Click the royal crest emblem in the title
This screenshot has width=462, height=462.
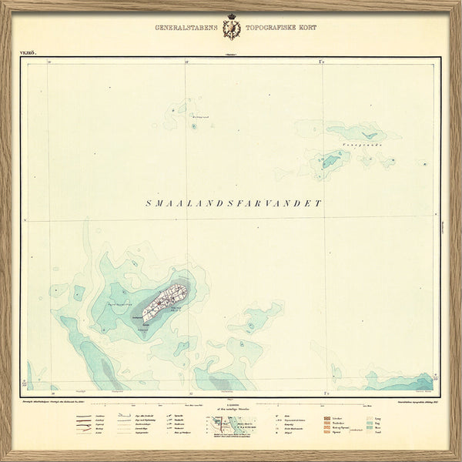(x=231, y=28)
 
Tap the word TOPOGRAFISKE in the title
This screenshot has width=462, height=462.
(x=269, y=28)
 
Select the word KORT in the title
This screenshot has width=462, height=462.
(x=306, y=28)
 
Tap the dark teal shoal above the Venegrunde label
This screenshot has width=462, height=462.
(x=354, y=132)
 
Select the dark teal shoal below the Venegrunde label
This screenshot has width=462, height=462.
(x=331, y=160)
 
